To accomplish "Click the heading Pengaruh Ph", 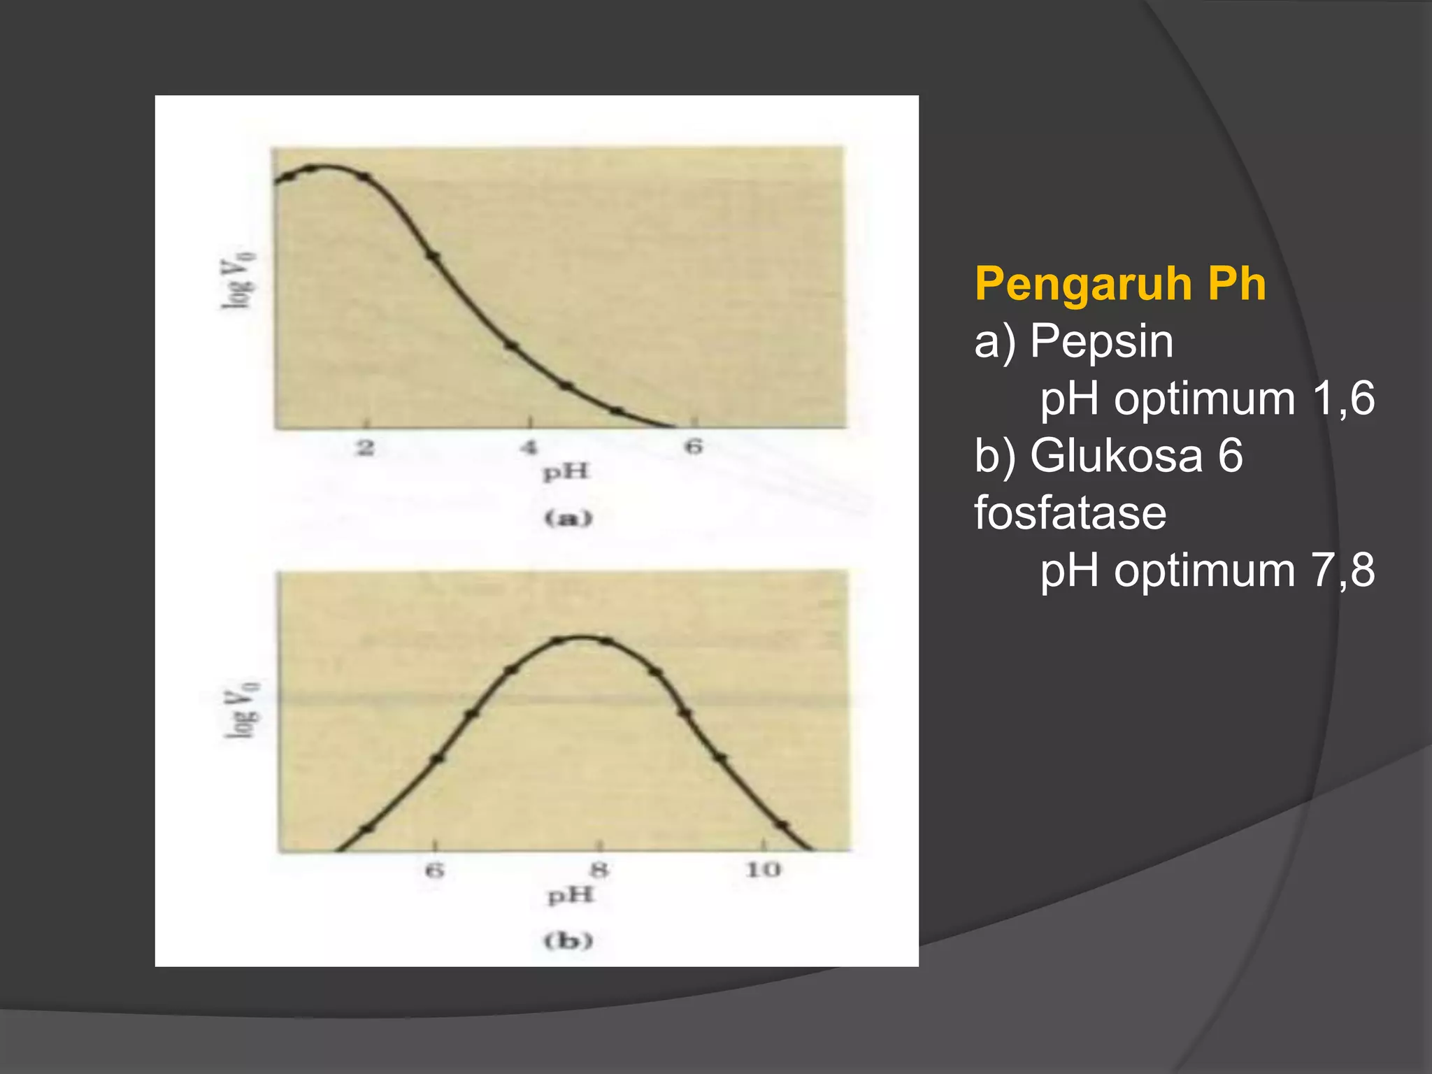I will pyautogui.click(x=1119, y=284).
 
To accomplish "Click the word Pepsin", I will pyautogui.click(x=1101, y=342).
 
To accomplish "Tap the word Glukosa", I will pyautogui.click(x=1116, y=456).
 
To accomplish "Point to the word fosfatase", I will pyautogui.click(x=1070, y=513).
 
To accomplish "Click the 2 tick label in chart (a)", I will pyautogui.click(x=365, y=447).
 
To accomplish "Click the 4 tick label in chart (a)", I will pyautogui.click(x=529, y=447).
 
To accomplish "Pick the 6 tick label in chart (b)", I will pyautogui.click(x=434, y=871).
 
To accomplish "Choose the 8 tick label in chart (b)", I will pyautogui.click(x=599, y=871).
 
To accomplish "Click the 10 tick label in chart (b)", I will pyautogui.click(x=763, y=870).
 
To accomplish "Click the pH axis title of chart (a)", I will pyautogui.click(x=566, y=473).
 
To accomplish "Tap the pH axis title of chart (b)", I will pyautogui.click(x=571, y=896).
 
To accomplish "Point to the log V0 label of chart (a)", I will pyautogui.click(x=238, y=280).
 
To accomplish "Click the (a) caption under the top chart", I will pyautogui.click(x=568, y=518).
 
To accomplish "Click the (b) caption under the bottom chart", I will pyautogui.click(x=568, y=941).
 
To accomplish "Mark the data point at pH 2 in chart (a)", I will pyautogui.click(x=364, y=177).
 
